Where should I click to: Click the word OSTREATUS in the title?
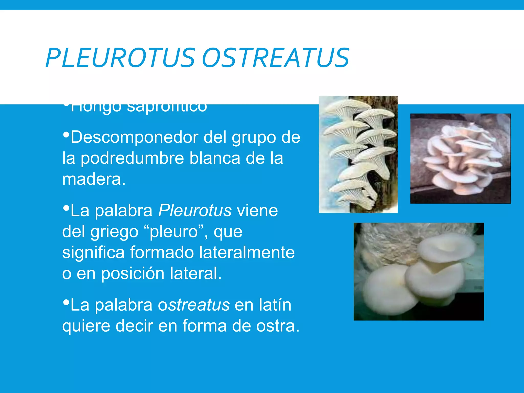click(x=276, y=58)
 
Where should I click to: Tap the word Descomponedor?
click(x=134, y=137)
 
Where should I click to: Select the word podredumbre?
click(x=132, y=158)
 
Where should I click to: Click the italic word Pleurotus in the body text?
click(x=195, y=211)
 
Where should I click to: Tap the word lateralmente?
click(x=247, y=253)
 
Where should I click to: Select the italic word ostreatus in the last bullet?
click(x=194, y=305)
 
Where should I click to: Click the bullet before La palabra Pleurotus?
click(x=66, y=208)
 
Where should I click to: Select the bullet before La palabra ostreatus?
click(x=66, y=302)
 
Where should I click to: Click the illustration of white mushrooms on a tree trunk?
click(x=358, y=155)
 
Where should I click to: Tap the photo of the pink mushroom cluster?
click(x=460, y=158)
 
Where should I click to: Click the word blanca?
click(x=215, y=158)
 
